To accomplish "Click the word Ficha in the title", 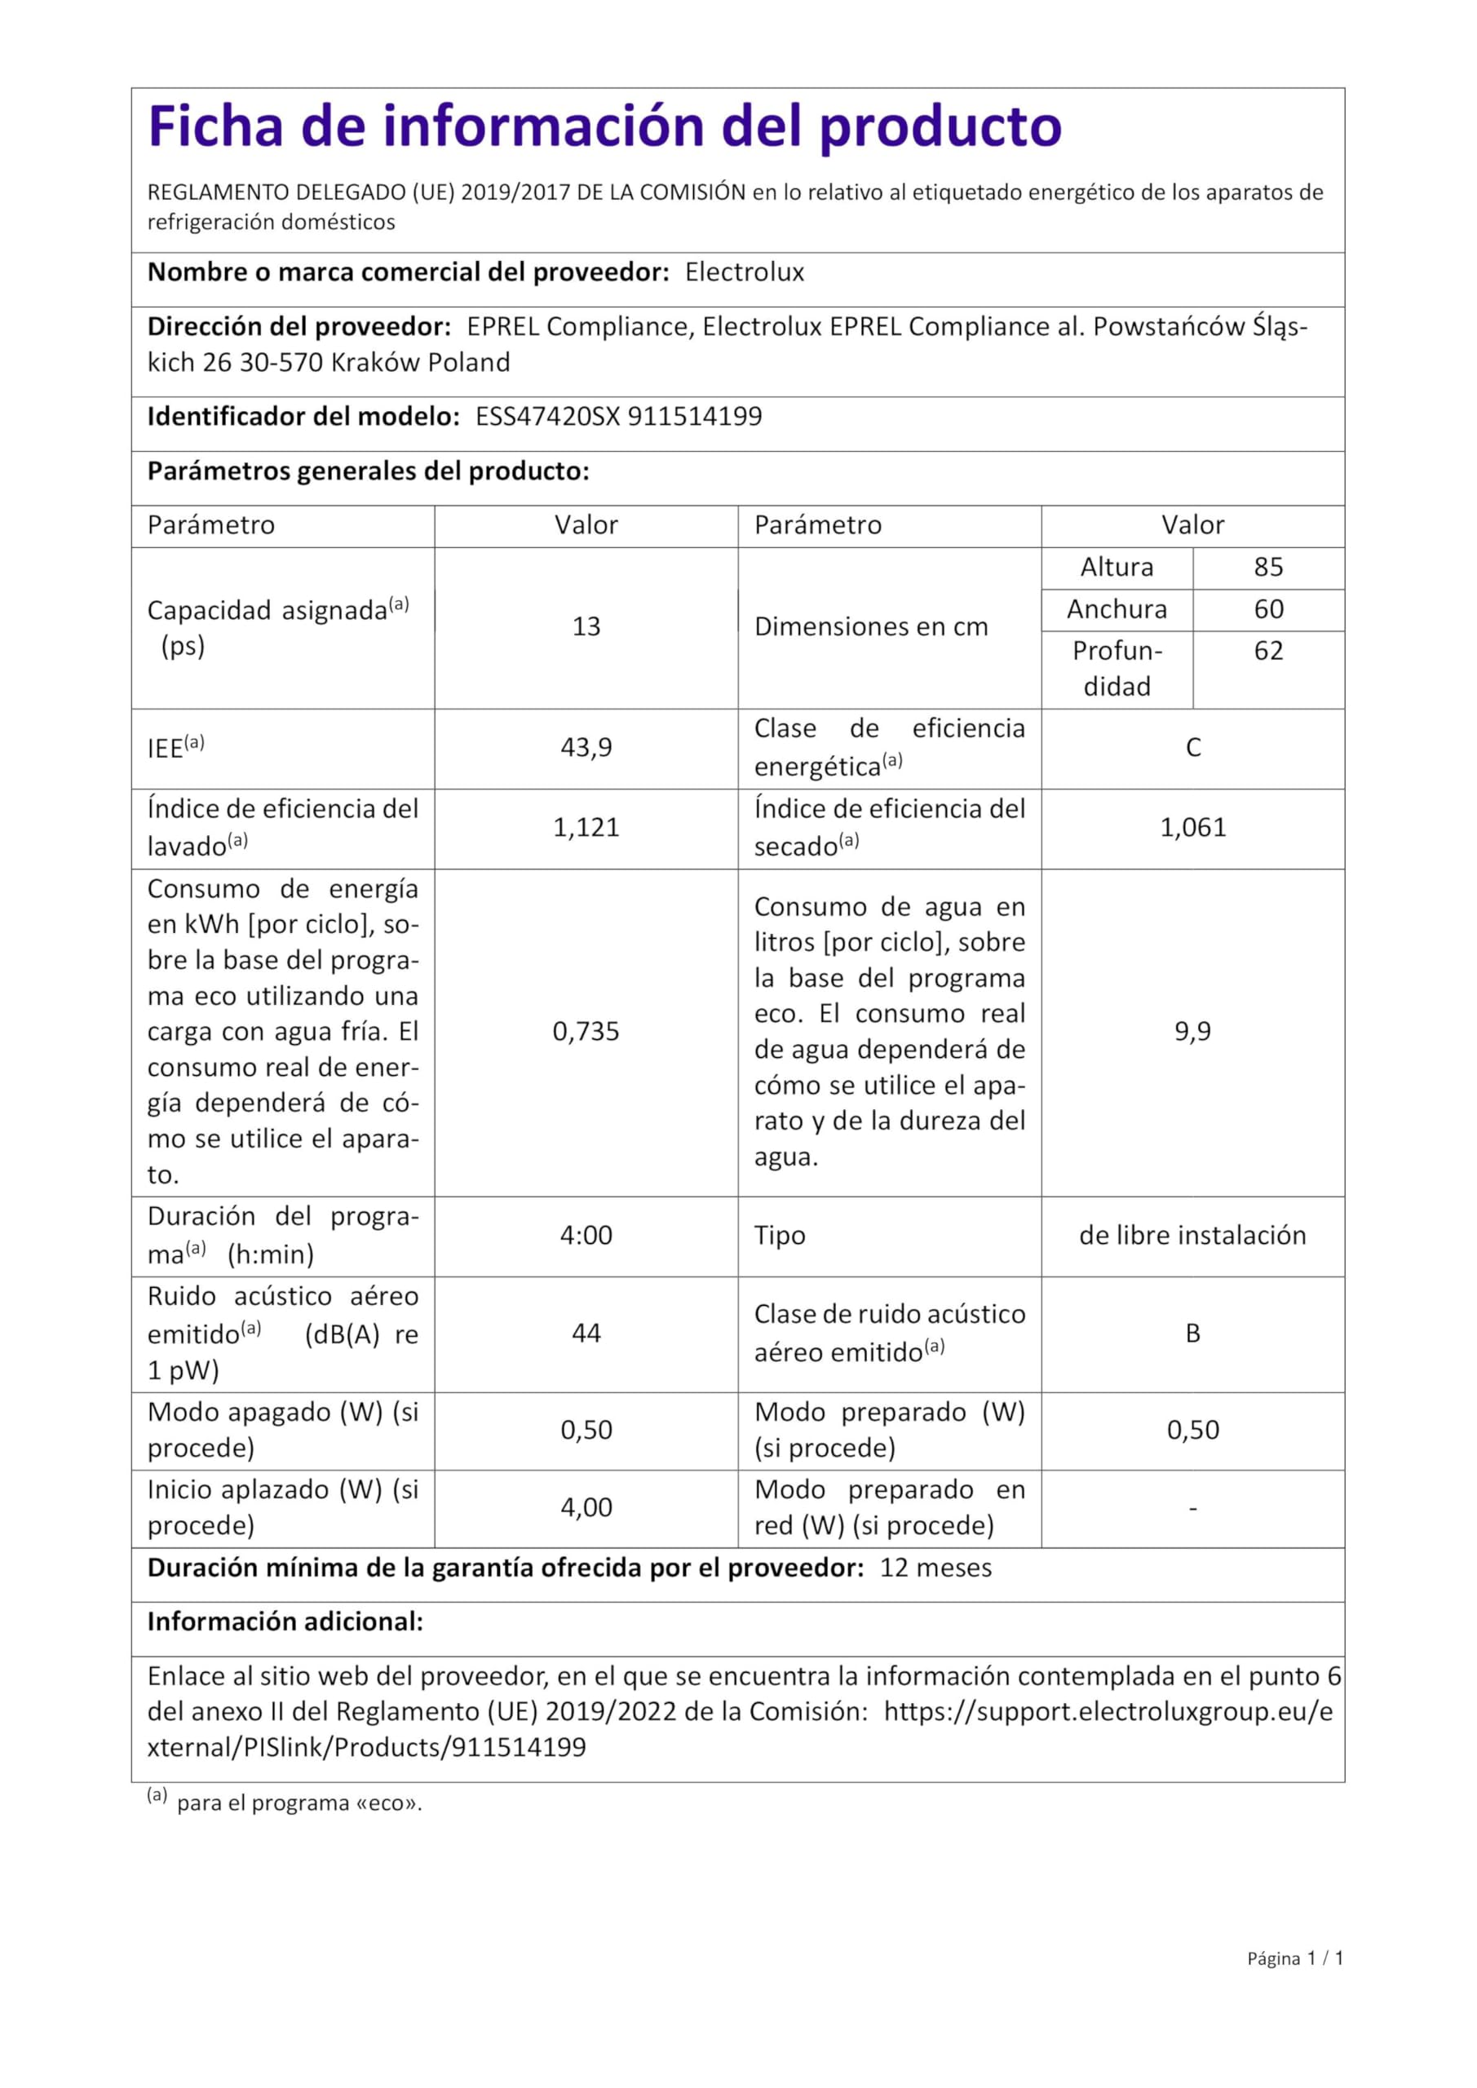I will point(214,126).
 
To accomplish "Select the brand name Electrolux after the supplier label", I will point(744,272).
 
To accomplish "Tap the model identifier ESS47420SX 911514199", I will point(618,417).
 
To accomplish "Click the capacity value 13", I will point(586,626).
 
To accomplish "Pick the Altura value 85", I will point(1268,568).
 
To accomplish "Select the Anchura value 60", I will point(1268,609).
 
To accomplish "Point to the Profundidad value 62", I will point(1268,651).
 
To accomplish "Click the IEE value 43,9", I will point(586,748).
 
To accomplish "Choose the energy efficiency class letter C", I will point(1193,748).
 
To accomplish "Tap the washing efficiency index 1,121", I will point(586,828).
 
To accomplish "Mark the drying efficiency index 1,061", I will point(1193,828).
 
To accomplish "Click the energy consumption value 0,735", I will point(586,1031).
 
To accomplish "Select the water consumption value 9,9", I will point(1193,1031).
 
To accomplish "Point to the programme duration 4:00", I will point(586,1235).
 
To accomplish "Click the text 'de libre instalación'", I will point(1193,1235).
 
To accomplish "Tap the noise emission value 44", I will point(586,1334).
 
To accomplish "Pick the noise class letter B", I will point(1193,1334).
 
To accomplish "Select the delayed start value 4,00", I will point(586,1508).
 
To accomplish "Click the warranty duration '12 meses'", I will point(935,1568).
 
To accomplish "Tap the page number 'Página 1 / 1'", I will point(1295,1984).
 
